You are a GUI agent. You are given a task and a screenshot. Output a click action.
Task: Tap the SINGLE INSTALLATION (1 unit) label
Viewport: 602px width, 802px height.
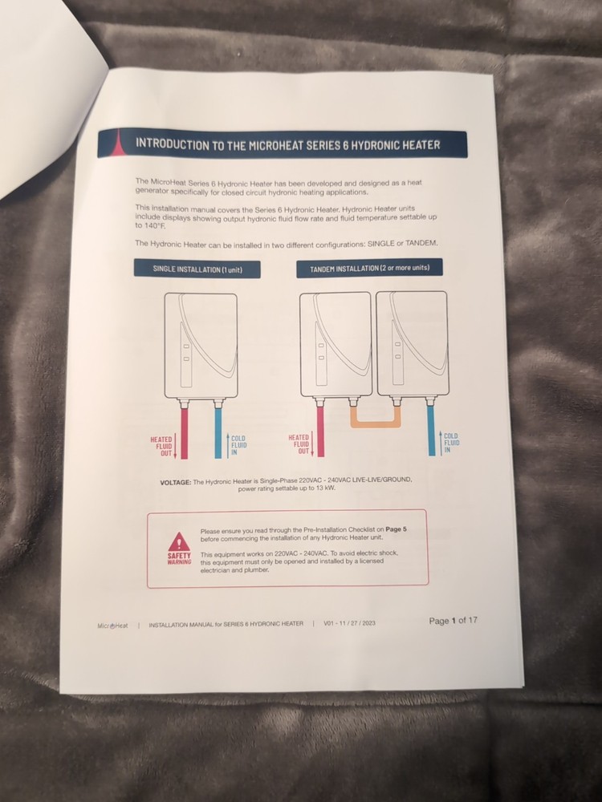tap(197, 269)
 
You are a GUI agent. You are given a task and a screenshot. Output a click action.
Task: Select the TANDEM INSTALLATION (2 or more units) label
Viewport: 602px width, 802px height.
tap(369, 268)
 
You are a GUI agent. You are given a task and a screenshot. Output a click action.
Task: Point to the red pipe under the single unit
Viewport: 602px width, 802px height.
tap(185, 433)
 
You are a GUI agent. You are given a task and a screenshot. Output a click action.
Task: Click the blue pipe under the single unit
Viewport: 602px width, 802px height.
tap(218, 433)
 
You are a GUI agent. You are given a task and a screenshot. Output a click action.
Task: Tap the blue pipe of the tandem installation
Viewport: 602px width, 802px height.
tap(431, 430)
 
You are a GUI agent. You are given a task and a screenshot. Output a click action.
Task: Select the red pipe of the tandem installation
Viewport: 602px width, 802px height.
tap(320, 431)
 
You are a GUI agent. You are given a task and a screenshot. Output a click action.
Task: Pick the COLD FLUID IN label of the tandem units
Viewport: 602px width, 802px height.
tap(451, 443)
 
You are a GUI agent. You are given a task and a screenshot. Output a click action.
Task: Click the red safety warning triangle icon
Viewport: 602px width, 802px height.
tap(179, 541)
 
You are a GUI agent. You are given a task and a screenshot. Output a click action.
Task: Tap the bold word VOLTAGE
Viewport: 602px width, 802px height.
tap(176, 482)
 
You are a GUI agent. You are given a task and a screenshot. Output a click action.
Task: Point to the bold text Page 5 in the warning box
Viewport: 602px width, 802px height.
tap(397, 529)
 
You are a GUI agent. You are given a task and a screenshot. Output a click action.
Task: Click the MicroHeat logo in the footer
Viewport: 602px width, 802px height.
tap(112, 626)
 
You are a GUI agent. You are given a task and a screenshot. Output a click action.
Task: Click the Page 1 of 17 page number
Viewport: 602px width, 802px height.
tap(453, 621)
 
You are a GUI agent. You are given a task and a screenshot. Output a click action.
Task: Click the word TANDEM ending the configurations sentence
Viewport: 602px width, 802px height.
tap(422, 243)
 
